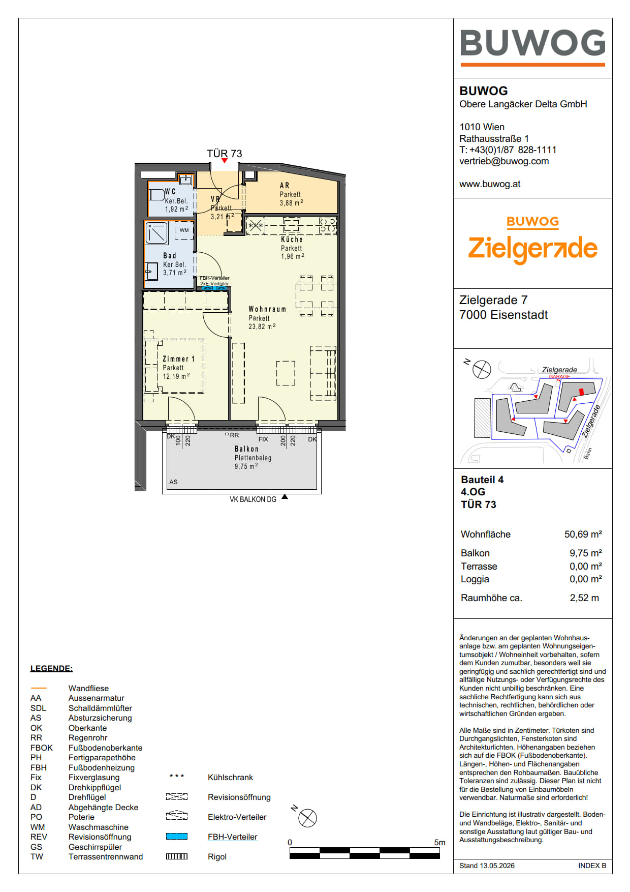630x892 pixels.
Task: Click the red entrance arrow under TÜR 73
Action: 225,161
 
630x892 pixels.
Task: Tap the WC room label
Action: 170,192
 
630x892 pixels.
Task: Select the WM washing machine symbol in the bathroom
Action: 184,230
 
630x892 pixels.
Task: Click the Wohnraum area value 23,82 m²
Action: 262,326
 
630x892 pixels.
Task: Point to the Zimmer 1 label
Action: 178,359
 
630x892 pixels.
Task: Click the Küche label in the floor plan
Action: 292,240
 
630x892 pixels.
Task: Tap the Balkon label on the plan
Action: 246,449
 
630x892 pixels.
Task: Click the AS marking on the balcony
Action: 173,482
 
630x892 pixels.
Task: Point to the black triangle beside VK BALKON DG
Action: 285,497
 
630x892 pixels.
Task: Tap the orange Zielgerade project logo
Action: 532,243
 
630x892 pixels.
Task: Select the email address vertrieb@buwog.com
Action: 504,161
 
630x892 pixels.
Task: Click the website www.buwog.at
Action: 490,184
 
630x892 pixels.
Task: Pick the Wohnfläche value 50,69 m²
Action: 583,534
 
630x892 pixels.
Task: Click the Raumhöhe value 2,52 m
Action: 584,598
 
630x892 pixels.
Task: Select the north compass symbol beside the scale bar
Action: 307,818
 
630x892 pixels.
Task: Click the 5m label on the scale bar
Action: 439,843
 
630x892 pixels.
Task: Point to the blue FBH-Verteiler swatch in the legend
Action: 177,837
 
